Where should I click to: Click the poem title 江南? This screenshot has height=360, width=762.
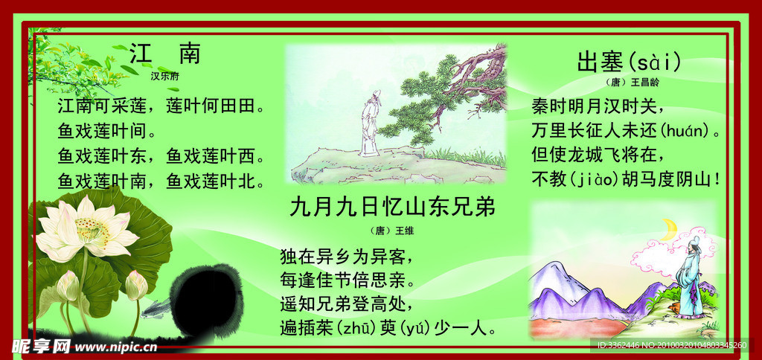[x=165, y=54]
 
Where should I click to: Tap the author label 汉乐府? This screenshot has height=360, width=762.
[x=165, y=75]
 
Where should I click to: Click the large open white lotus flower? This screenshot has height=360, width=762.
[x=86, y=228]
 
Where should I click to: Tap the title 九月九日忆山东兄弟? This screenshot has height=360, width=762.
[x=392, y=207]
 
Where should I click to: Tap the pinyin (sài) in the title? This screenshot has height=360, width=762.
[x=655, y=62]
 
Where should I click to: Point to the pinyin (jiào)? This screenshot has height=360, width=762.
[x=595, y=179]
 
